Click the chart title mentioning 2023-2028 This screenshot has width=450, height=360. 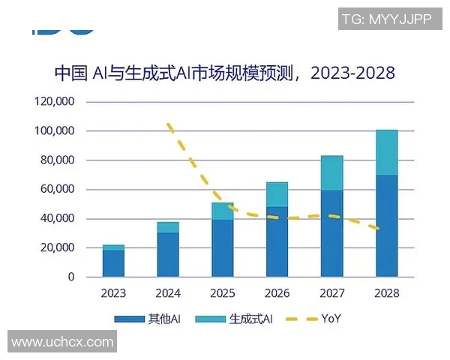click(224, 73)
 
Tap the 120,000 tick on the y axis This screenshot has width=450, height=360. click(54, 102)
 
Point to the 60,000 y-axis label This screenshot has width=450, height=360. click(57, 190)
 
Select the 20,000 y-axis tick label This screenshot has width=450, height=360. click(57, 248)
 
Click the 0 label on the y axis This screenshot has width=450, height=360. click(71, 277)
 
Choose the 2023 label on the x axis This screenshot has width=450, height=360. click(113, 293)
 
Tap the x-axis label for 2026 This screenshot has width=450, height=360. click(277, 293)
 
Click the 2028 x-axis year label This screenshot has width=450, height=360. click(386, 293)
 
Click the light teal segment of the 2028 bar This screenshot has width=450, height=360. click(386, 152)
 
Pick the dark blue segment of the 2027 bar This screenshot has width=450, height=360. click(331, 234)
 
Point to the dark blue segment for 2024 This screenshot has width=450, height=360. click(168, 255)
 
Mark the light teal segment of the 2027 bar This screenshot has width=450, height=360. click(331, 173)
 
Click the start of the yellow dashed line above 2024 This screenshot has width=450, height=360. click(169, 124)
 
